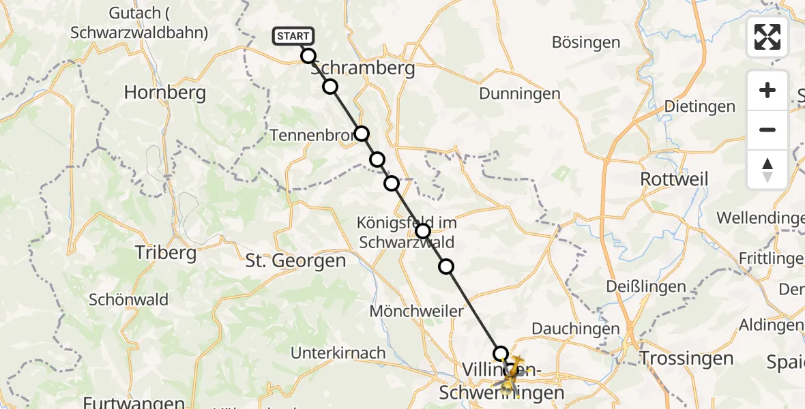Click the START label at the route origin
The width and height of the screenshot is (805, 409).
pos(293,36)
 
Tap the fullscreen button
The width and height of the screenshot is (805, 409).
pos(767,37)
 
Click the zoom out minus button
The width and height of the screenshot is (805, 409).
pos(767,130)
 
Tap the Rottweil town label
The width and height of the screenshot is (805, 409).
pos(675,179)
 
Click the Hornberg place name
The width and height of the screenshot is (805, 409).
pos(165,93)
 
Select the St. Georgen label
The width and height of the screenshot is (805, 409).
pos(295,260)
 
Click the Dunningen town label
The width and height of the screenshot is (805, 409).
pos(520,93)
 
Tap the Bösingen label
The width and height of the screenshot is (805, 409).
pos(586,42)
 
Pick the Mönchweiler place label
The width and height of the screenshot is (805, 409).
pos(416,311)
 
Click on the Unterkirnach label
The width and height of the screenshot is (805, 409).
pos(338,353)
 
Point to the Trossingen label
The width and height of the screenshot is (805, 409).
pos(686,359)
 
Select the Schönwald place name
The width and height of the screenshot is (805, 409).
pos(129,299)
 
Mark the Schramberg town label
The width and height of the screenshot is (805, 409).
pos(363,69)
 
